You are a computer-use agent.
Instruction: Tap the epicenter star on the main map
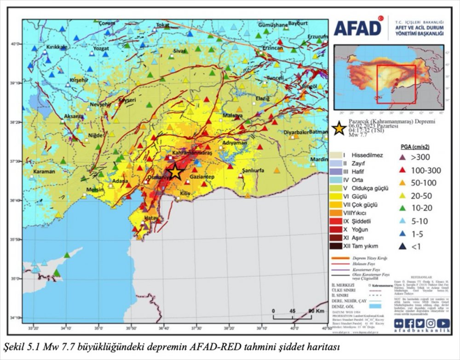click(x=175, y=172)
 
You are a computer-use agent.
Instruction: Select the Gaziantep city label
click(x=201, y=177)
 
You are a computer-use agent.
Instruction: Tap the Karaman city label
click(x=44, y=171)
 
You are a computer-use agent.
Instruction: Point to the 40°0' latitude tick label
click(x=16, y=44)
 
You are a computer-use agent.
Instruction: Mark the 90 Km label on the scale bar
click(x=314, y=311)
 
